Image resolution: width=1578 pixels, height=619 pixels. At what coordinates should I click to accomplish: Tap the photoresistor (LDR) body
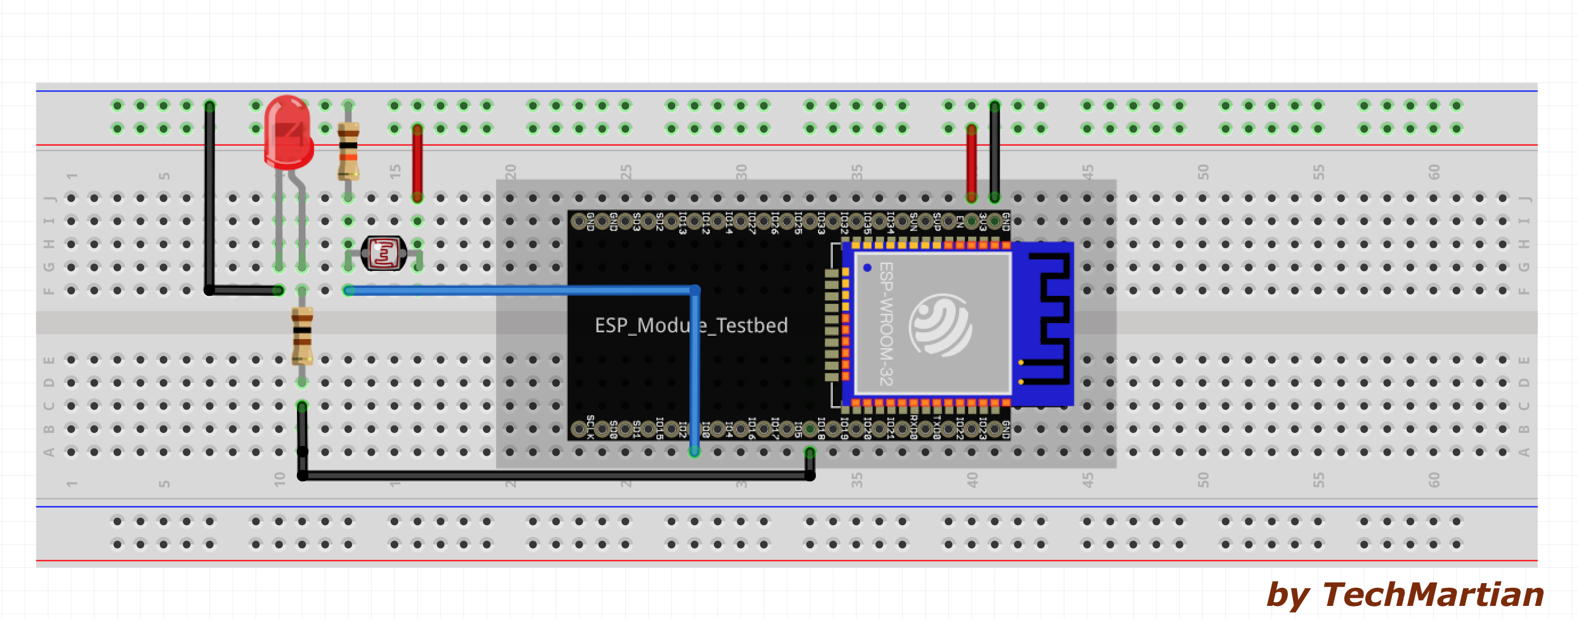384,253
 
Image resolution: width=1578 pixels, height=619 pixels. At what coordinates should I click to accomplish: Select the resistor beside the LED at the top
348,151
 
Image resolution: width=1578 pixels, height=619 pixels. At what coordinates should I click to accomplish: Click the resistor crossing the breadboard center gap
302,336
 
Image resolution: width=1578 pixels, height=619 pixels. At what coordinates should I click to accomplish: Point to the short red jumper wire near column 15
417,162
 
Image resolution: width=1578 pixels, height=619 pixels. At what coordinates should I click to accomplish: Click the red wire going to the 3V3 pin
972,162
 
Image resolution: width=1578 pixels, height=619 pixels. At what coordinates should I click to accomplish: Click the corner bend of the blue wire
695,290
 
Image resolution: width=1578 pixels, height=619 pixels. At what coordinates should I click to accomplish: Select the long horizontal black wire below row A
551,476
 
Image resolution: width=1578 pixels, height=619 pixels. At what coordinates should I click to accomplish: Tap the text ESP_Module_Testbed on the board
691,325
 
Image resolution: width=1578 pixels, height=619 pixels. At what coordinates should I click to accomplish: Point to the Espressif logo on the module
940,325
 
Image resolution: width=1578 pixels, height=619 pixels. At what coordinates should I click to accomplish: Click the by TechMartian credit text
1404,594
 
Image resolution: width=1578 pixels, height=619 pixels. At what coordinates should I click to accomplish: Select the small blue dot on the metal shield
868,268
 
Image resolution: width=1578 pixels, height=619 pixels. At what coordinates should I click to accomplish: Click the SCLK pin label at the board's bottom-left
590,427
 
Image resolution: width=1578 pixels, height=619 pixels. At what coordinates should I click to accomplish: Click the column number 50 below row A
1203,480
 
